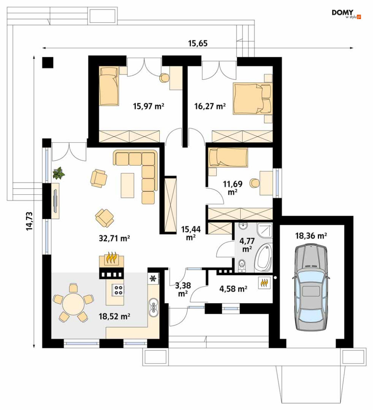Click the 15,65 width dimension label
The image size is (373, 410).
(198, 43)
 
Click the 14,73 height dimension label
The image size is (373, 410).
(30, 221)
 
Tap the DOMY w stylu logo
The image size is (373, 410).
(346, 14)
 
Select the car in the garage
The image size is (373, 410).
(311, 287)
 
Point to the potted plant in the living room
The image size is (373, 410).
(58, 173)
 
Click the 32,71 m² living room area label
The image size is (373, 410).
(114, 238)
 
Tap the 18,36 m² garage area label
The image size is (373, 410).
(311, 236)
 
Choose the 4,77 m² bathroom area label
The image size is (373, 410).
(247, 245)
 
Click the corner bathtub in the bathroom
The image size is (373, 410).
(264, 257)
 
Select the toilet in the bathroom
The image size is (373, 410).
(242, 265)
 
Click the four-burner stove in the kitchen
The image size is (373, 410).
(118, 290)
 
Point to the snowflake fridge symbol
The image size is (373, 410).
(153, 278)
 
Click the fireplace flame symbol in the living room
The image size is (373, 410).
(111, 258)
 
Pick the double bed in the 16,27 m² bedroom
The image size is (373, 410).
(252, 98)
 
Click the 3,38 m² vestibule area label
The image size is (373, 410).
(183, 289)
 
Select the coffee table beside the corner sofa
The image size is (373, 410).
(127, 185)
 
